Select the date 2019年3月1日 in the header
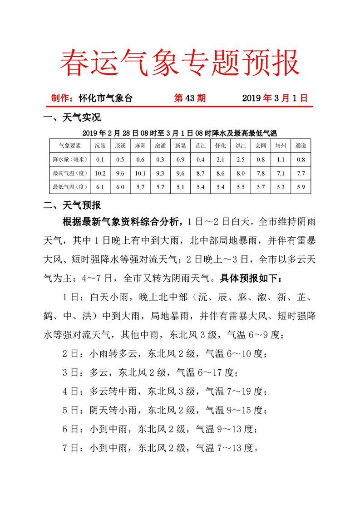coord(275,98)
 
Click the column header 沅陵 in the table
coord(100,146)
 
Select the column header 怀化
coord(220,146)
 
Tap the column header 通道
coord(301,146)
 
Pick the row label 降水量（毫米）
coord(70,159)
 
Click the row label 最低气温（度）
coord(70,186)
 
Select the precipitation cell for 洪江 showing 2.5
coord(241,159)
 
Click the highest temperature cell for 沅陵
coord(100,173)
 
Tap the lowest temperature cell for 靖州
coord(281,186)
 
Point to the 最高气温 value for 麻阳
coord(140,173)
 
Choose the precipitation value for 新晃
coord(180,159)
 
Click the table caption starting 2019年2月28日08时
coord(180,133)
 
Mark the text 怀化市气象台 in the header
coord(105,98)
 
